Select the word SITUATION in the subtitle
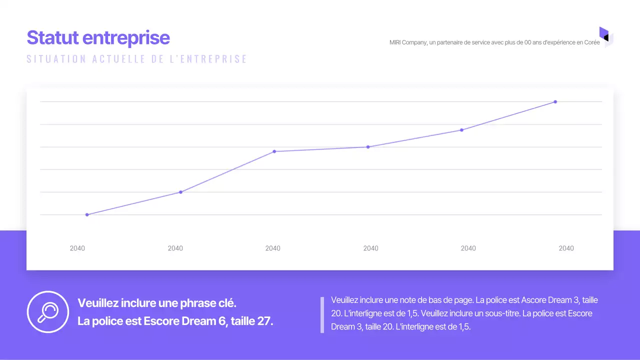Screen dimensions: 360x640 coord(56,59)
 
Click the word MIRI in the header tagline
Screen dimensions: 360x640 coord(395,42)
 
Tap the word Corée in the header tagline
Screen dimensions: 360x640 coord(592,42)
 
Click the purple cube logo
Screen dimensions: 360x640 coord(606,37)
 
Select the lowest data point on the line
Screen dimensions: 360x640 coord(87,214)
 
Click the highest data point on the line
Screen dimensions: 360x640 coord(555,102)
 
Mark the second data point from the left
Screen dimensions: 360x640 coord(180,192)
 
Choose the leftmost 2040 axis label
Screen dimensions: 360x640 coord(77,248)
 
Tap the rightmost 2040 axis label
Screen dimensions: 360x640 coord(566,248)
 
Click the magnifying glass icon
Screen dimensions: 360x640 coord(47,312)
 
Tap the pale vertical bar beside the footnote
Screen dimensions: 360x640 coord(322,314)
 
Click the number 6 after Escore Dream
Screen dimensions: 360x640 coord(222,321)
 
